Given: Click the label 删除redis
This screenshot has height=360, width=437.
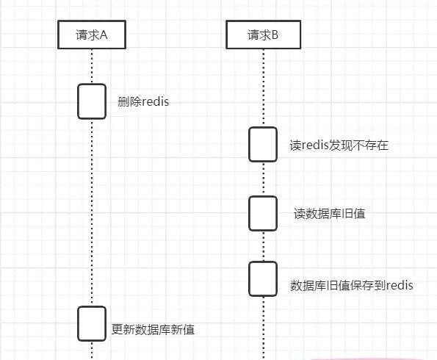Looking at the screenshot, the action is (x=143, y=101).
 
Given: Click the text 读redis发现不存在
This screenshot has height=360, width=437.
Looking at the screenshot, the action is (x=339, y=145).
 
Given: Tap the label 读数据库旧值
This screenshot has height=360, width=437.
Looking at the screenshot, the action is (x=330, y=214).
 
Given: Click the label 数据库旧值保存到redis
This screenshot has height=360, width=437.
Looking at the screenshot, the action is (x=352, y=286).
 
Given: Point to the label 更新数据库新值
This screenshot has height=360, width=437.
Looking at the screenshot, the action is (x=153, y=330).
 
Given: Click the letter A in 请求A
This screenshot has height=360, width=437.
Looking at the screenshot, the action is (x=104, y=35).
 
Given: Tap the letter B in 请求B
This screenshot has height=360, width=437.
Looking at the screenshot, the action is (x=275, y=35).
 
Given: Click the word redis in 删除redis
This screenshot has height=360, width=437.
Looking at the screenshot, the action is (x=155, y=101).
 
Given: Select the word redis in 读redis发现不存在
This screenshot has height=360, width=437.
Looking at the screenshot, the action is (x=315, y=145).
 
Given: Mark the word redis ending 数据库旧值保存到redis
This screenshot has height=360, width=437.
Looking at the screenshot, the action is (x=400, y=285).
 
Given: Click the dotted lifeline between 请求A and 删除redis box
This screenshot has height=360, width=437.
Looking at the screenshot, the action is (x=92, y=66).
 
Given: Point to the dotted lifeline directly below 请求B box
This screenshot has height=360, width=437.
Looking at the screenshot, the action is (x=264, y=88).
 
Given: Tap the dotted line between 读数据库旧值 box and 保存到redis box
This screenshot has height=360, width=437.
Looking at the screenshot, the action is (x=263, y=246).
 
